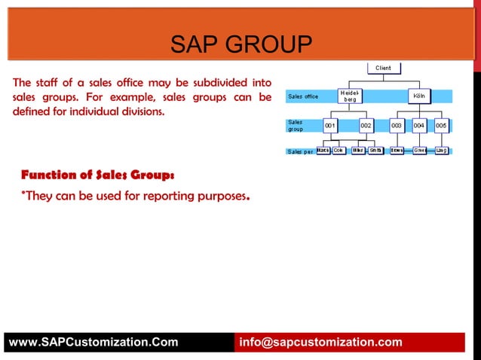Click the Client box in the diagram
(384, 68)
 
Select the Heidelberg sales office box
(350, 96)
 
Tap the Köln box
(418, 96)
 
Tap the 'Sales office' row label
(303, 96)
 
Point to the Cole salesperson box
(339, 150)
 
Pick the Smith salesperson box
(375, 150)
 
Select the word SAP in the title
(191, 45)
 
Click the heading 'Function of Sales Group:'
(98, 175)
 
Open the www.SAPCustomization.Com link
(93, 343)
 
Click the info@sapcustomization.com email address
(320, 343)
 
